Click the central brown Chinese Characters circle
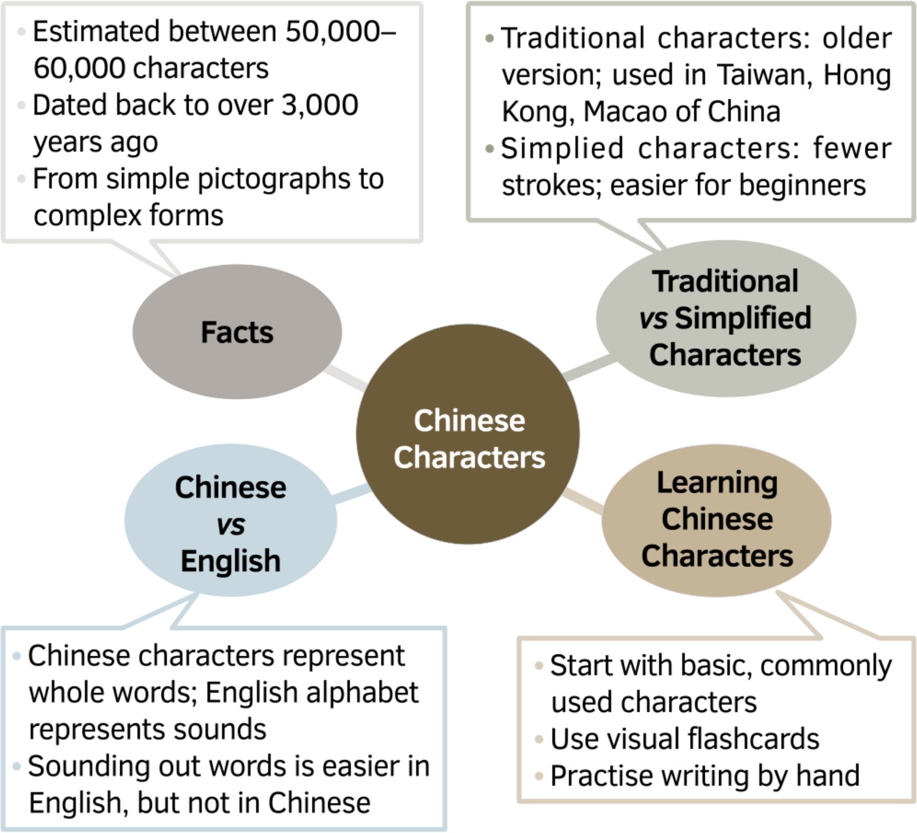click(x=468, y=434)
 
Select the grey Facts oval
click(x=237, y=332)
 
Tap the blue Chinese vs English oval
click(x=231, y=521)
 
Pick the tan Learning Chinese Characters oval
click(x=716, y=520)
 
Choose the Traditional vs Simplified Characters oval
click(x=726, y=318)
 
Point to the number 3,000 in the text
click(x=320, y=106)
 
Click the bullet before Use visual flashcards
click(x=539, y=739)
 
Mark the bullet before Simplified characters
click(x=489, y=148)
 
